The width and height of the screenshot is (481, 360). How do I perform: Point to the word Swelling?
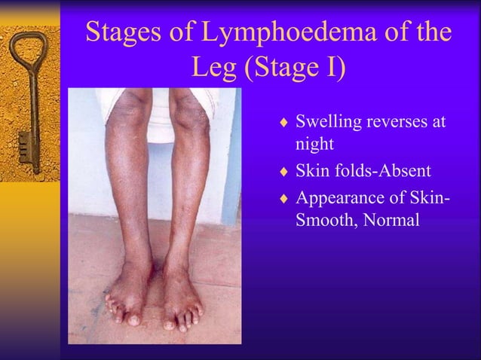click(328, 121)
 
